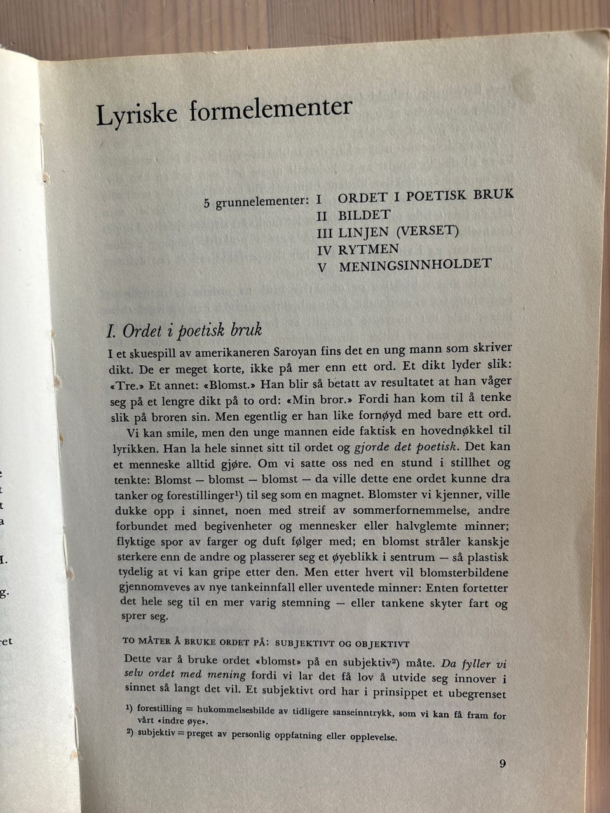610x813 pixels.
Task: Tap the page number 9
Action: [x=502, y=763]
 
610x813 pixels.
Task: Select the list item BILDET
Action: [x=364, y=215]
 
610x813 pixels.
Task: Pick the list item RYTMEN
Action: [x=369, y=250]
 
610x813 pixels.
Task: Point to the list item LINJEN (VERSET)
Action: [x=398, y=232]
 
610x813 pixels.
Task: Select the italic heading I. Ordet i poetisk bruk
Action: [x=184, y=331]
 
